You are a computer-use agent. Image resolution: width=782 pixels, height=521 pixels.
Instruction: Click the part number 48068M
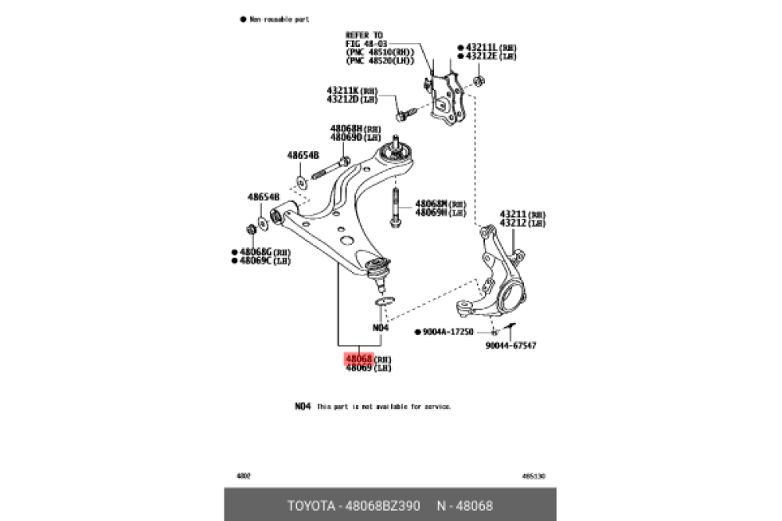coord(432,203)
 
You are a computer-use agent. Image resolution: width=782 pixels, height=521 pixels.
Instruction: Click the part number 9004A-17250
coord(448,332)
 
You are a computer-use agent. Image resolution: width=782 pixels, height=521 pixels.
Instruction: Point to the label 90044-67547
coord(511,345)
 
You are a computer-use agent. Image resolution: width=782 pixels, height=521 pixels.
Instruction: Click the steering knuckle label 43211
coord(513,214)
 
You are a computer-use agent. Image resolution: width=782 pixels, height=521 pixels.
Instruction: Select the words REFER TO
coord(364,35)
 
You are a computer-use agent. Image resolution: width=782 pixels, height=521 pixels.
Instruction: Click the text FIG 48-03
coord(365,43)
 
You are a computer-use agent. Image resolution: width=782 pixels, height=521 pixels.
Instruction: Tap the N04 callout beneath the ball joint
coord(380,327)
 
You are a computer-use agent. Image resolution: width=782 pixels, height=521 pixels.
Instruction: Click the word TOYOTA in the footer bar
coord(311,505)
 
